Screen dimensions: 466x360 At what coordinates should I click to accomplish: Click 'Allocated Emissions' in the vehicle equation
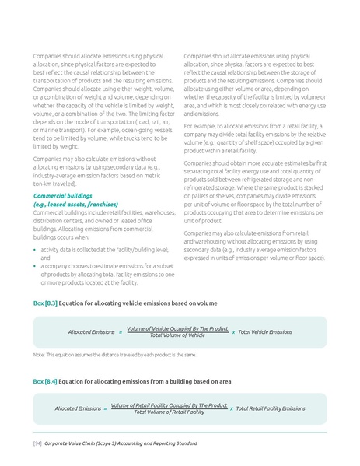pyautogui.click(x=91, y=331)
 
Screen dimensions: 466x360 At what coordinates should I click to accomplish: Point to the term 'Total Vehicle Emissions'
pyautogui.click(x=265, y=331)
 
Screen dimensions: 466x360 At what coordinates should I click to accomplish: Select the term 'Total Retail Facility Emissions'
pyautogui.click(x=271, y=408)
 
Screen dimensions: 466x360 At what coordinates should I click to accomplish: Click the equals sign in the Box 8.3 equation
pyautogui.click(x=120, y=331)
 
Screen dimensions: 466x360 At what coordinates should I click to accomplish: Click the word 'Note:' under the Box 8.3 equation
pyautogui.click(x=38, y=354)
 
